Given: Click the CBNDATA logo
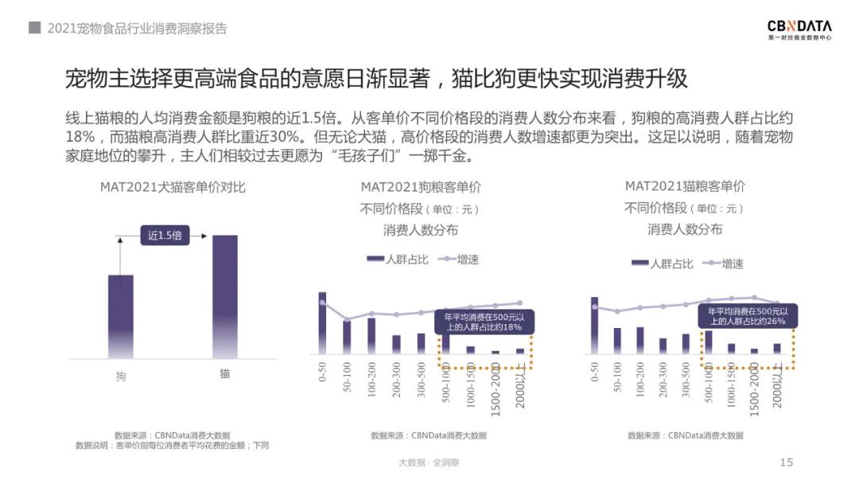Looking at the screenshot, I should click(799, 29).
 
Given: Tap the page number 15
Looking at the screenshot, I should click(787, 463).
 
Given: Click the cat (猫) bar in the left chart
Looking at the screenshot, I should click(224, 296).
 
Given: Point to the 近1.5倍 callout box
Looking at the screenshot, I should click(165, 236).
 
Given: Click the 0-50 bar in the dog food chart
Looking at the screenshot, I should click(322, 322).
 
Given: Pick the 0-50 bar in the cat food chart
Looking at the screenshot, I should click(594, 325).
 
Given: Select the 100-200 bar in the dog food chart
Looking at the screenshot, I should click(371, 335).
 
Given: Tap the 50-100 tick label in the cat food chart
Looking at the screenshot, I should click(617, 377).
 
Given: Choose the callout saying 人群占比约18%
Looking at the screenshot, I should click(484, 322).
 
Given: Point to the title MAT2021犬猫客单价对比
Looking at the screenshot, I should click(173, 187).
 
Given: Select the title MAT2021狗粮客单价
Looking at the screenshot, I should click(421, 187).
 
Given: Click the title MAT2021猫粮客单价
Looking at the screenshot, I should click(685, 186).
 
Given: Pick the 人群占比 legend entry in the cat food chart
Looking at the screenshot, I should click(662, 263).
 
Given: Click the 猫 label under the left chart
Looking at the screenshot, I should click(224, 373).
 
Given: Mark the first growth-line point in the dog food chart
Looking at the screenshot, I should click(322, 302).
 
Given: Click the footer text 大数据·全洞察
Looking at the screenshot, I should click(429, 463).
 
